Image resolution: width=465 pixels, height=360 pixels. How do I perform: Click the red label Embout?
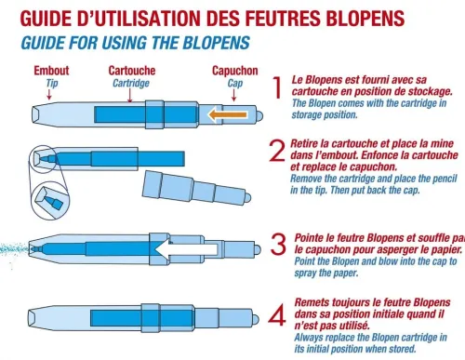(x=51, y=71)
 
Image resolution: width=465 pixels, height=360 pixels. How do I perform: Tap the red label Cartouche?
(x=133, y=71)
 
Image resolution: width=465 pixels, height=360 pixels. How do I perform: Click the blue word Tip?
(x=52, y=83)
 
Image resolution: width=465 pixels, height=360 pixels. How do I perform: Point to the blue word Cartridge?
(x=133, y=83)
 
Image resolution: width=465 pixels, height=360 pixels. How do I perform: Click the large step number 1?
(x=276, y=88)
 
